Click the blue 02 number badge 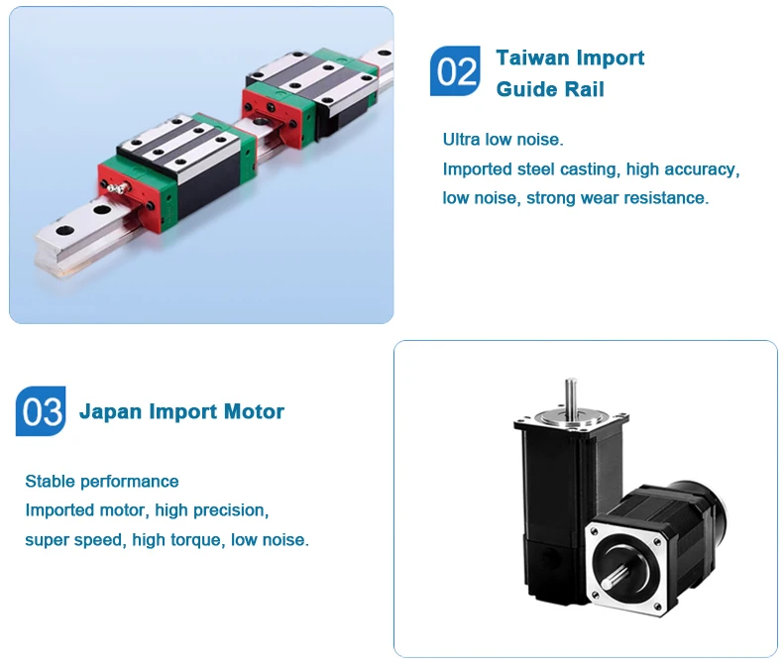tap(456, 71)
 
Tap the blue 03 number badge tap(41, 411)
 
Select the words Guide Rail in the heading tap(550, 89)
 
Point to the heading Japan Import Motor tap(181, 411)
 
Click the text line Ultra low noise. tap(503, 140)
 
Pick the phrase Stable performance tap(102, 482)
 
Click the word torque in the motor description tap(202, 540)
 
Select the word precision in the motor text tap(230, 510)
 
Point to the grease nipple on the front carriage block tap(120, 187)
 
